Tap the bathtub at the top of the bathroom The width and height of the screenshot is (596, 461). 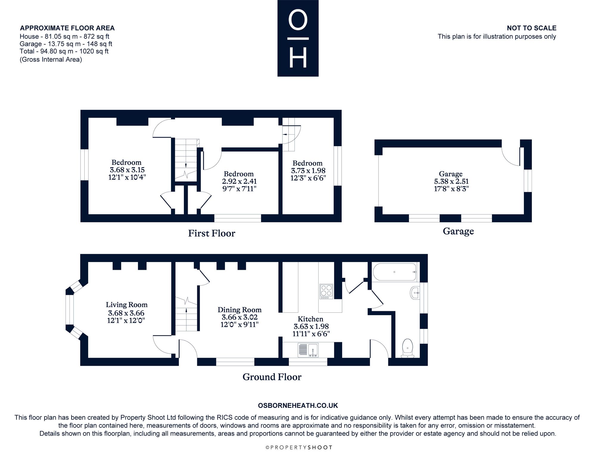394,272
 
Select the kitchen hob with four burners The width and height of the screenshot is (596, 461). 326,292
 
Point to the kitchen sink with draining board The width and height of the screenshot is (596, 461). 308,350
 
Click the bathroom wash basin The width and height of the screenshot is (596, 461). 415,293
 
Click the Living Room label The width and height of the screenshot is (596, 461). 127,305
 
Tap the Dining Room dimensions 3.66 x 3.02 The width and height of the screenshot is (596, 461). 240,317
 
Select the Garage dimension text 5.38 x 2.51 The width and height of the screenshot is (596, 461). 451,181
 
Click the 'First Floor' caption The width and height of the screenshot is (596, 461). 212,233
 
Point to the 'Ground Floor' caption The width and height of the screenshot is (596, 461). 272,377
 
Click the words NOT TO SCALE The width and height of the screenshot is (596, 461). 532,28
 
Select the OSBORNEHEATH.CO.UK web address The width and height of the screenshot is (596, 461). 298,406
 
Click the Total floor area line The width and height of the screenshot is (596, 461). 64,51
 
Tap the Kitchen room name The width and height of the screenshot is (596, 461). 311,319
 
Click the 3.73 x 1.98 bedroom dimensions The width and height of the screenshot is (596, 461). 308,171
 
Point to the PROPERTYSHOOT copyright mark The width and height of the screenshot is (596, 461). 299,447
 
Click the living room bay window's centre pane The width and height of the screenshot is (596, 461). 69,309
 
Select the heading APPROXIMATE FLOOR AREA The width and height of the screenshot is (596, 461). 67,28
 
